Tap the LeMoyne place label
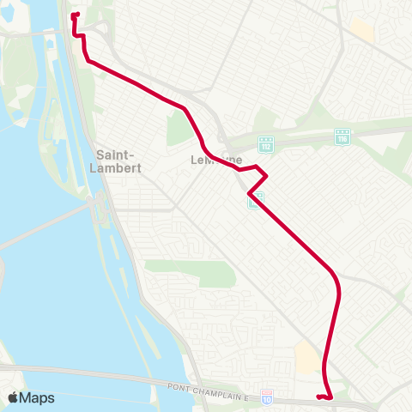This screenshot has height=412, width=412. (x=214, y=161)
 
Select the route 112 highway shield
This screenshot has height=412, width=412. (x=266, y=142)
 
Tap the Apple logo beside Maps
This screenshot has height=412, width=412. (x=14, y=397)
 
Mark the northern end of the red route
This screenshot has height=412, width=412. (x=74, y=15)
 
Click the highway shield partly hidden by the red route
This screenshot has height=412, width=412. (x=255, y=199)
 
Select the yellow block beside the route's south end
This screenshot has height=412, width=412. (x=306, y=355)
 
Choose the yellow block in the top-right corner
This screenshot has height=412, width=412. (x=361, y=29)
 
